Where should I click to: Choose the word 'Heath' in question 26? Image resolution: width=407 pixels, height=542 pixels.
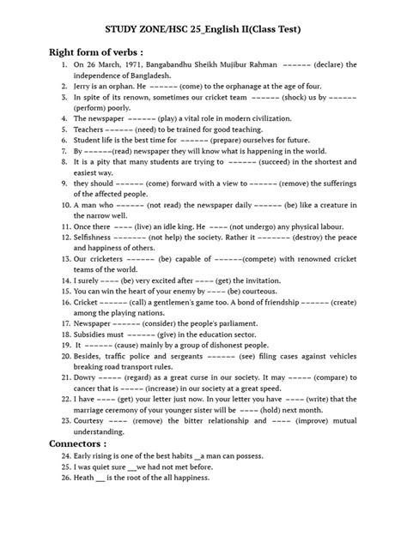tap(75, 479)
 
